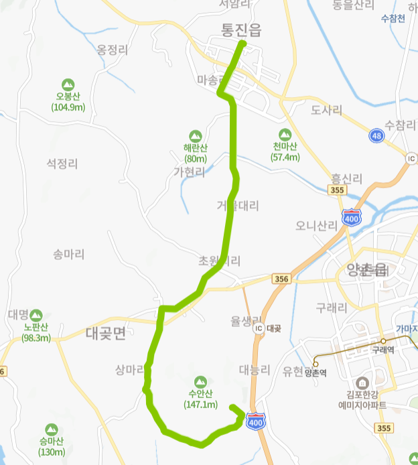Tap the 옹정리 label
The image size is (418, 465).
click(112, 50)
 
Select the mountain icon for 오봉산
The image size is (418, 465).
click(68, 85)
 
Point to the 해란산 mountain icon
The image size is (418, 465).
click(196, 137)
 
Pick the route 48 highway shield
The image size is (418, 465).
click(377, 136)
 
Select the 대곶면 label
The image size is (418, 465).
click(106, 334)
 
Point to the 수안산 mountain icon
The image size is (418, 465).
click(201, 382)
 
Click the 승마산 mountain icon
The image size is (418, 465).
click(52, 429)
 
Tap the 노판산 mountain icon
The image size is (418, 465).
click(36, 315)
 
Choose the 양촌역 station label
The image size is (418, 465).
click(315, 373)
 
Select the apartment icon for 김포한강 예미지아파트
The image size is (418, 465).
click(362, 383)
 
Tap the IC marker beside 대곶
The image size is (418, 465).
click(259, 328)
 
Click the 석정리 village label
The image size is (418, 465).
click(62, 163)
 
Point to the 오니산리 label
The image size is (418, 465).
click(316, 226)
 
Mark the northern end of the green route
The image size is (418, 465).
click(242, 44)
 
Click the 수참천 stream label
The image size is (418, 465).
click(393, 18)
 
